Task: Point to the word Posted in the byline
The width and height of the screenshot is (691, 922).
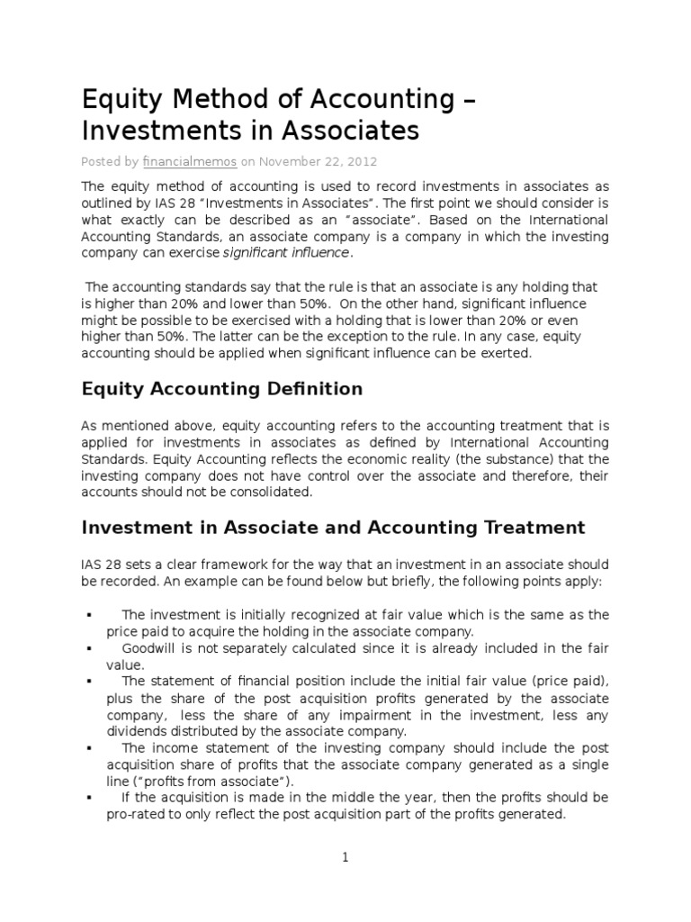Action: (99, 162)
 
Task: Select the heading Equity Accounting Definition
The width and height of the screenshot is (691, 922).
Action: (222, 389)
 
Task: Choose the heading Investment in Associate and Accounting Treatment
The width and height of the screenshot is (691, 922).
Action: (333, 528)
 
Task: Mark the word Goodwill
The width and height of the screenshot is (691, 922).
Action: (149, 648)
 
